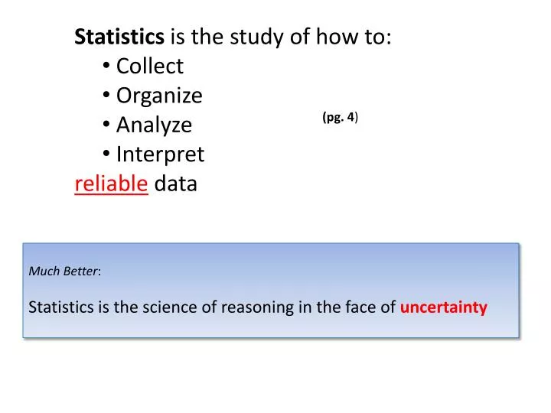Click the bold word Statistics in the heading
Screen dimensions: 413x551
[x=119, y=37]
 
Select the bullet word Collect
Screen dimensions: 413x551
[x=150, y=67]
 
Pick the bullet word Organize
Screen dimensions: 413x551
[x=159, y=96]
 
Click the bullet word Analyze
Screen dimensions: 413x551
[x=154, y=125]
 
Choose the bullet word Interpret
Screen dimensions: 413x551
[x=160, y=154]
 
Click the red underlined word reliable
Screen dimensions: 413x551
[x=111, y=184]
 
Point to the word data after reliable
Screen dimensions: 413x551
[x=176, y=184]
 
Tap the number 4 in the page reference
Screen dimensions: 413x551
[x=351, y=117]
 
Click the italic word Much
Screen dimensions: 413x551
[x=42, y=271]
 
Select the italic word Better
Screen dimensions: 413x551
[x=80, y=271]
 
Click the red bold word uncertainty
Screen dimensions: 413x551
[x=443, y=307]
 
